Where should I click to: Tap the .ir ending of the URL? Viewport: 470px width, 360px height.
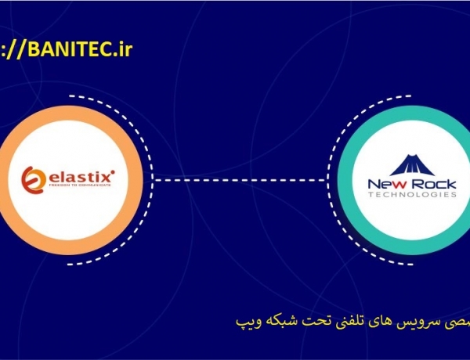pos(121,51)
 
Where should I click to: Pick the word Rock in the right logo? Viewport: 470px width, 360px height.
pos(434,185)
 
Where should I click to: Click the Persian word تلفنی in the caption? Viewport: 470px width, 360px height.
pos(322,322)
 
